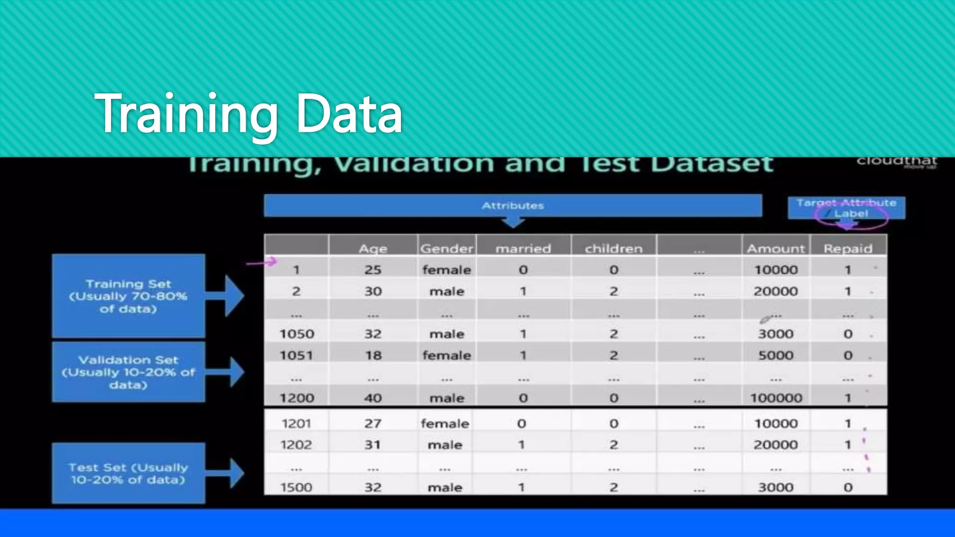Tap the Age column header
click(x=373, y=248)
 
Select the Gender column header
click(x=446, y=248)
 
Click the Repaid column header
click(x=848, y=248)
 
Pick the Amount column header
click(x=775, y=248)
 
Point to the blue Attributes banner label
click(x=512, y=206)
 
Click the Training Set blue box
click(x=128, y=296)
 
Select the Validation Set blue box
click(x=128, y=372)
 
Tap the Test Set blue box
click(x=128, y=473)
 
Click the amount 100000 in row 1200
click(x=775, y=398)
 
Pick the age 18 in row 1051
click(x=373, y=355)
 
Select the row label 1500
click(x=296, y=488)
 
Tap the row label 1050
click(x=297, y=334)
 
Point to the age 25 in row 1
click(x=373, y=269)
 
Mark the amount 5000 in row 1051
click(x=775, y=355)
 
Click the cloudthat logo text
click(x=896, y=161)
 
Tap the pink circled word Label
click(x=851, y=214)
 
